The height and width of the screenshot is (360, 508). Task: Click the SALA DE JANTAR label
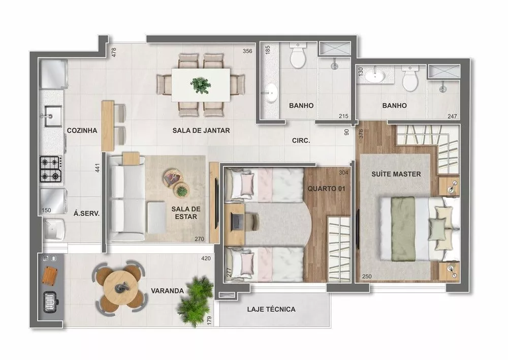201,131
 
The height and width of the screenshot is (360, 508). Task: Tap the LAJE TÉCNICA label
271,309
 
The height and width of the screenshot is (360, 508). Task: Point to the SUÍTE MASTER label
396,174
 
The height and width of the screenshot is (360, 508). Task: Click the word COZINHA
82,131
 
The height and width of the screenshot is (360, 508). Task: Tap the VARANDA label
167,291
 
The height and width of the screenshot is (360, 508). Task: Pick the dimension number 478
114,52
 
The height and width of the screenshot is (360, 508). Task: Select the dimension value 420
206,258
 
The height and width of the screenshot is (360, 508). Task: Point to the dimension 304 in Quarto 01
344,172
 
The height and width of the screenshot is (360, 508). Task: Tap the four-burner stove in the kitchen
51,169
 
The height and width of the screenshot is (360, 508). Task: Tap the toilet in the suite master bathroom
409,78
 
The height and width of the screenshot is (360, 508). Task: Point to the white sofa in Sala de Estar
124,199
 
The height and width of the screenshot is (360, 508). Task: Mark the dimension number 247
452,116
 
